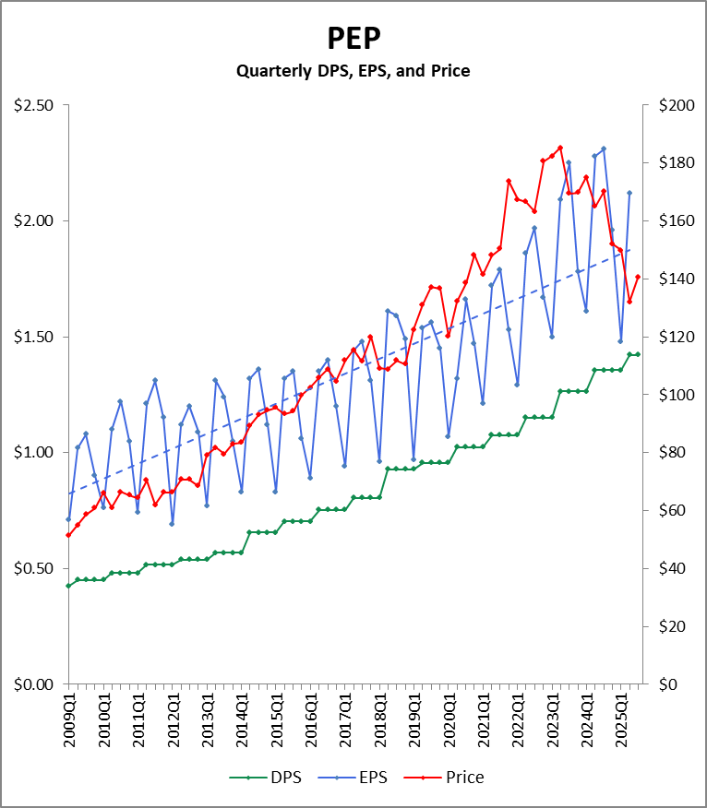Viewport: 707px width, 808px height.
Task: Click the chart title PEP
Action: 353,38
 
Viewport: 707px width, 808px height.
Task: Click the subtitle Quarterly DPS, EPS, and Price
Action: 353,70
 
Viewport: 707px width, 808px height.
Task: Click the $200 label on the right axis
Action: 676,105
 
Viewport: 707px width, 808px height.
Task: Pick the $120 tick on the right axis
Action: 676,337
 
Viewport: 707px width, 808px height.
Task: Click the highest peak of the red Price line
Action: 560,148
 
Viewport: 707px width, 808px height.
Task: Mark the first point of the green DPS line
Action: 68,586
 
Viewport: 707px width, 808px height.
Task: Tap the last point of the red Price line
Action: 638,277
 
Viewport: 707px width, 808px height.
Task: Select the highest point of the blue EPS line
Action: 604,149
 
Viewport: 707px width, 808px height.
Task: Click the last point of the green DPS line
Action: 638,354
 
